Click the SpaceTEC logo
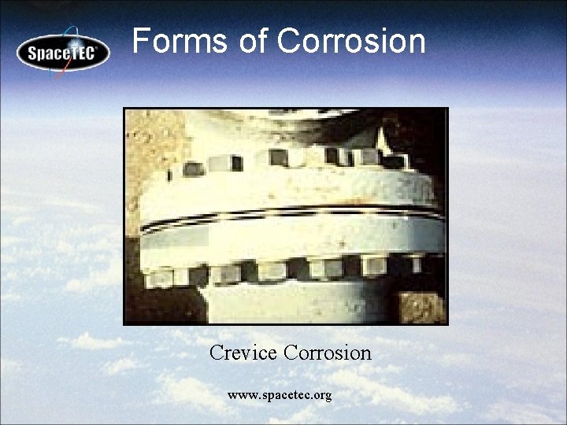(63, 53)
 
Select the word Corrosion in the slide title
(351, 41)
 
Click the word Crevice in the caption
(243, 353)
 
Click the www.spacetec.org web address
(280, 394)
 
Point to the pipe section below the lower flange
(299, 303)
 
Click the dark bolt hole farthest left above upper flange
(192, 168)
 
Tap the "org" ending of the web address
(321, 395)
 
